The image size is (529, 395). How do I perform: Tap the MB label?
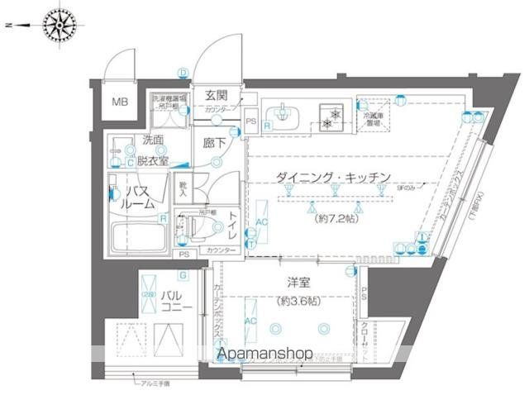121,103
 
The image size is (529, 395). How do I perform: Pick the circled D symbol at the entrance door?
181,73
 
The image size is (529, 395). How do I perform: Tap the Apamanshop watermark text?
264,355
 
